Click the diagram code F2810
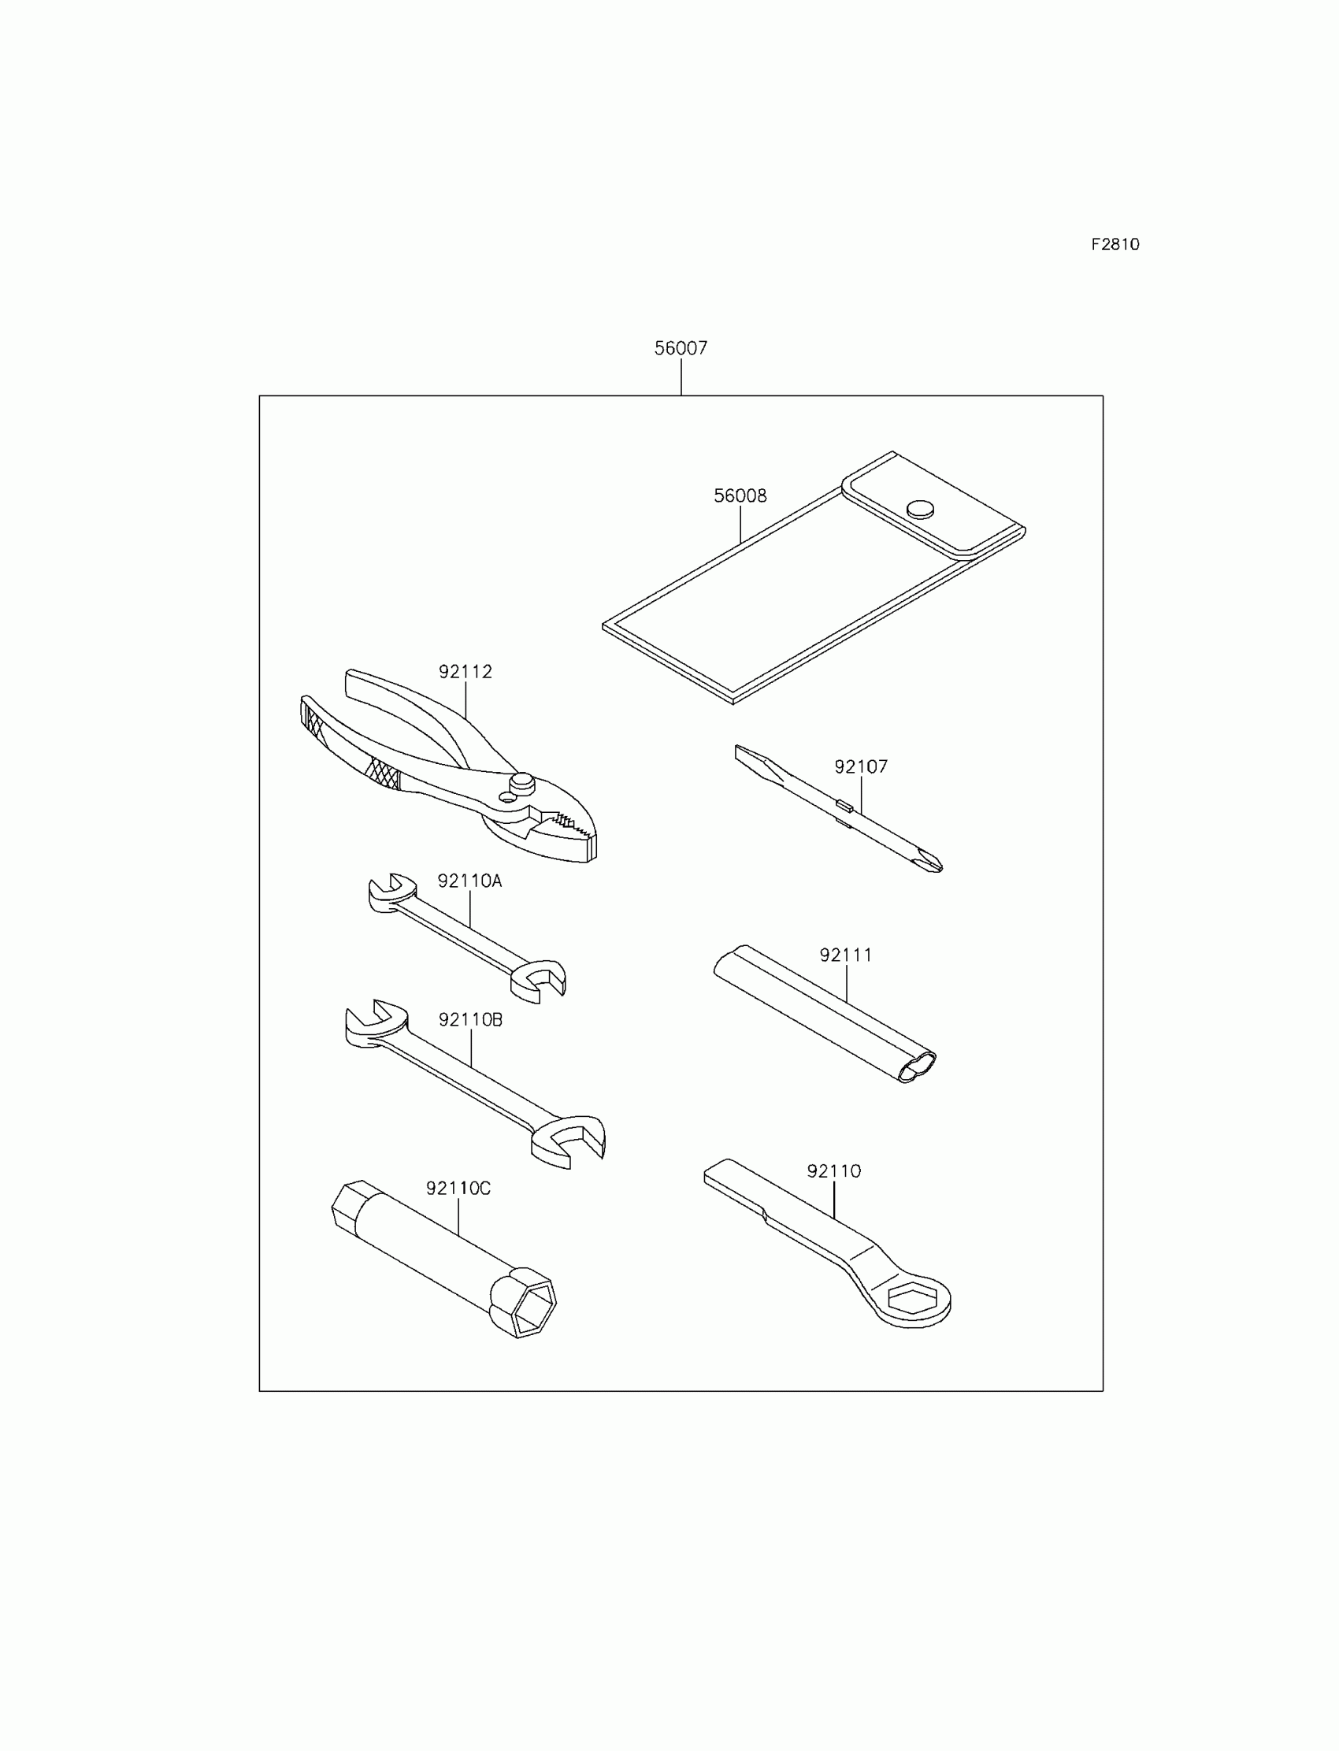click(1115, 245)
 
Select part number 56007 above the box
click(681, 348)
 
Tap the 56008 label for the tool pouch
click(740, 495)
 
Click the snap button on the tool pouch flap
click(921, 509)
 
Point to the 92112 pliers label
click(465, 672)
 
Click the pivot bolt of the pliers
click(522, 781)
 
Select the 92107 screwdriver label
click(861, 766)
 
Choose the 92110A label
click(469, 881)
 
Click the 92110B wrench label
click(470, 1019)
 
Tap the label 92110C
click(458, 1189)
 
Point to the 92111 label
click(846, 955)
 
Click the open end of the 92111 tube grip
click(917, 1067)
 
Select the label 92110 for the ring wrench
click(833, 1170)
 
